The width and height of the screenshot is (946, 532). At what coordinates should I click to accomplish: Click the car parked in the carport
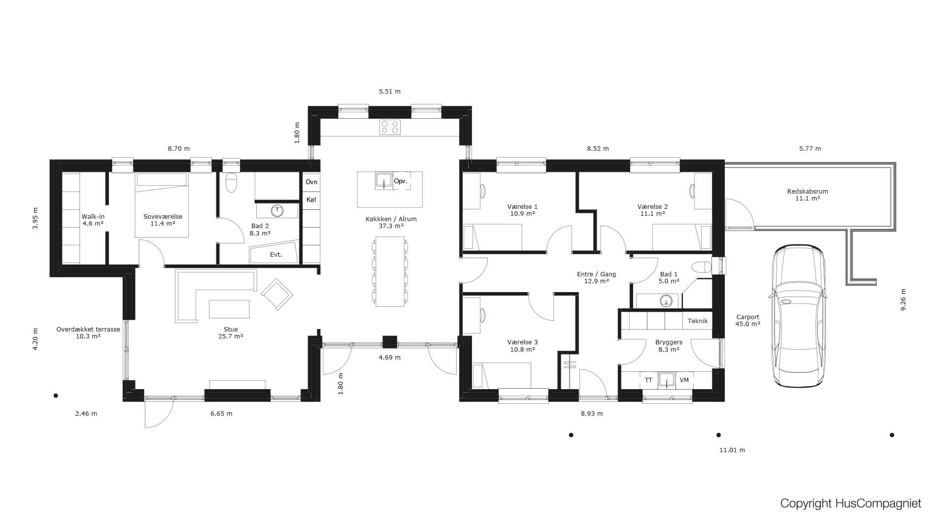tap(798, 316)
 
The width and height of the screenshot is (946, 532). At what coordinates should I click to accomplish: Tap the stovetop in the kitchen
tap(390, 127)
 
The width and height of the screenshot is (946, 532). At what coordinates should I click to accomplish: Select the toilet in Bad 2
tap(232, 182)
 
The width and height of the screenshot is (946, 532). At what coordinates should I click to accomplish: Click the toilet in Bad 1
tap(702, 267)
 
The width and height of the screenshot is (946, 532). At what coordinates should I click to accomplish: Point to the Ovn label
tap(311, 182)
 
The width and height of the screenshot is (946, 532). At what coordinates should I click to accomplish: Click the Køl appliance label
tap(311, 199)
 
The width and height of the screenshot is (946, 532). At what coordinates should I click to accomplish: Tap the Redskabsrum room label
tap(808, 192)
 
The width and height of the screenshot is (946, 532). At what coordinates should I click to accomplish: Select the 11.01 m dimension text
tap(732, 450)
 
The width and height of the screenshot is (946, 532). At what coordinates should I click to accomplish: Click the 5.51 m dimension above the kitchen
tap(390, 91)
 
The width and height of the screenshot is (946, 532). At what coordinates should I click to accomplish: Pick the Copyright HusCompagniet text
tap(851, 503)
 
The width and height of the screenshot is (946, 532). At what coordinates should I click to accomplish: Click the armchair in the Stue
tap(277, 294)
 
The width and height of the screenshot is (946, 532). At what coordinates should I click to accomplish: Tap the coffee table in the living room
tap(229, 309)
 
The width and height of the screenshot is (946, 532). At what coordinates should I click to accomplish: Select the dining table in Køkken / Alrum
tap(390, 271)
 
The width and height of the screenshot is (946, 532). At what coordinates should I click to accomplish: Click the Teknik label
tap(698, 321)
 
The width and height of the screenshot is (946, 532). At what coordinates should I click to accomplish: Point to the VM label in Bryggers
tap(684, 380)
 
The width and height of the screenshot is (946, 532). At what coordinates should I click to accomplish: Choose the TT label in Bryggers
tap(648, 380)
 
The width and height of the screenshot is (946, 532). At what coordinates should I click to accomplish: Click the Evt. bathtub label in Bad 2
tap(276, 255)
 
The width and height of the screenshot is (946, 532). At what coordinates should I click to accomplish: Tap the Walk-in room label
tap(93, 216)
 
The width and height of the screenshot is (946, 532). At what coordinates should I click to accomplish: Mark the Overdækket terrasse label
tap(88, 329)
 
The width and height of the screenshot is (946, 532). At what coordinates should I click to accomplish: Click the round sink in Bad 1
tap(666, 300)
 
